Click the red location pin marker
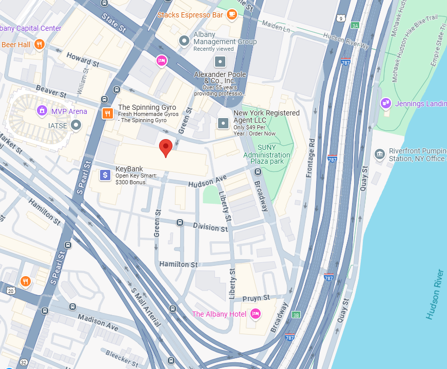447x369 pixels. click(165, 147)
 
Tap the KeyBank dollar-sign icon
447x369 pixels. click(105, 176)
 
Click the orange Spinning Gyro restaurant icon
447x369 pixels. click(107, 113)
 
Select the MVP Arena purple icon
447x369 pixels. click(42, 111)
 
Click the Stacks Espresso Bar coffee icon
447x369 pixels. click(231, 14)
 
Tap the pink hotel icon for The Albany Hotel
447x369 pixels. click(256, 314)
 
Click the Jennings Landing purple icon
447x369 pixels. click(386, 104)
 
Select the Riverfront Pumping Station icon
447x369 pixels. click(380, 153)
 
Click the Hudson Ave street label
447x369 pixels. click(207, 181)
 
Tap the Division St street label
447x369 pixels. click(210, 226)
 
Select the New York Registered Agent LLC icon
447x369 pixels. click(223, 123)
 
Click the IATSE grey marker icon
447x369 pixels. click(76, 125)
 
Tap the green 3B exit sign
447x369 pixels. click(296, 315)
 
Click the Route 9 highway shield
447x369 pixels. click(341, 18)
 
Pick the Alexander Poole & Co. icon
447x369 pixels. click(220, 62)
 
